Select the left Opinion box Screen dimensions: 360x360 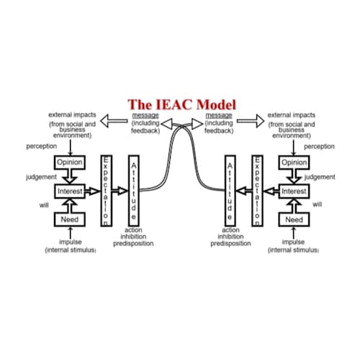coord(71,163)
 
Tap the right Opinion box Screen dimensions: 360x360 coord(294,163)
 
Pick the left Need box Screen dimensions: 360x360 coord(71,219)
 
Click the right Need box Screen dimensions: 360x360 coord(294,219)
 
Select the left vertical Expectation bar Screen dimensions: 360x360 coord(106,190)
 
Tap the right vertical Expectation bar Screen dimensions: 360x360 coord(256,190)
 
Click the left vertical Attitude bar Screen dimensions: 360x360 coord(134,190)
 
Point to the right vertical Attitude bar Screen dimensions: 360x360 coord(230,190)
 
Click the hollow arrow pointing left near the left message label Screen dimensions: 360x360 coord(113,122)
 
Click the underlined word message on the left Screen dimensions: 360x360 coord(145,115)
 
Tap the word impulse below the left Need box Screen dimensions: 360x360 coord(70,243)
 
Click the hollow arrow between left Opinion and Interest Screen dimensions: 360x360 coord(71,177)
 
